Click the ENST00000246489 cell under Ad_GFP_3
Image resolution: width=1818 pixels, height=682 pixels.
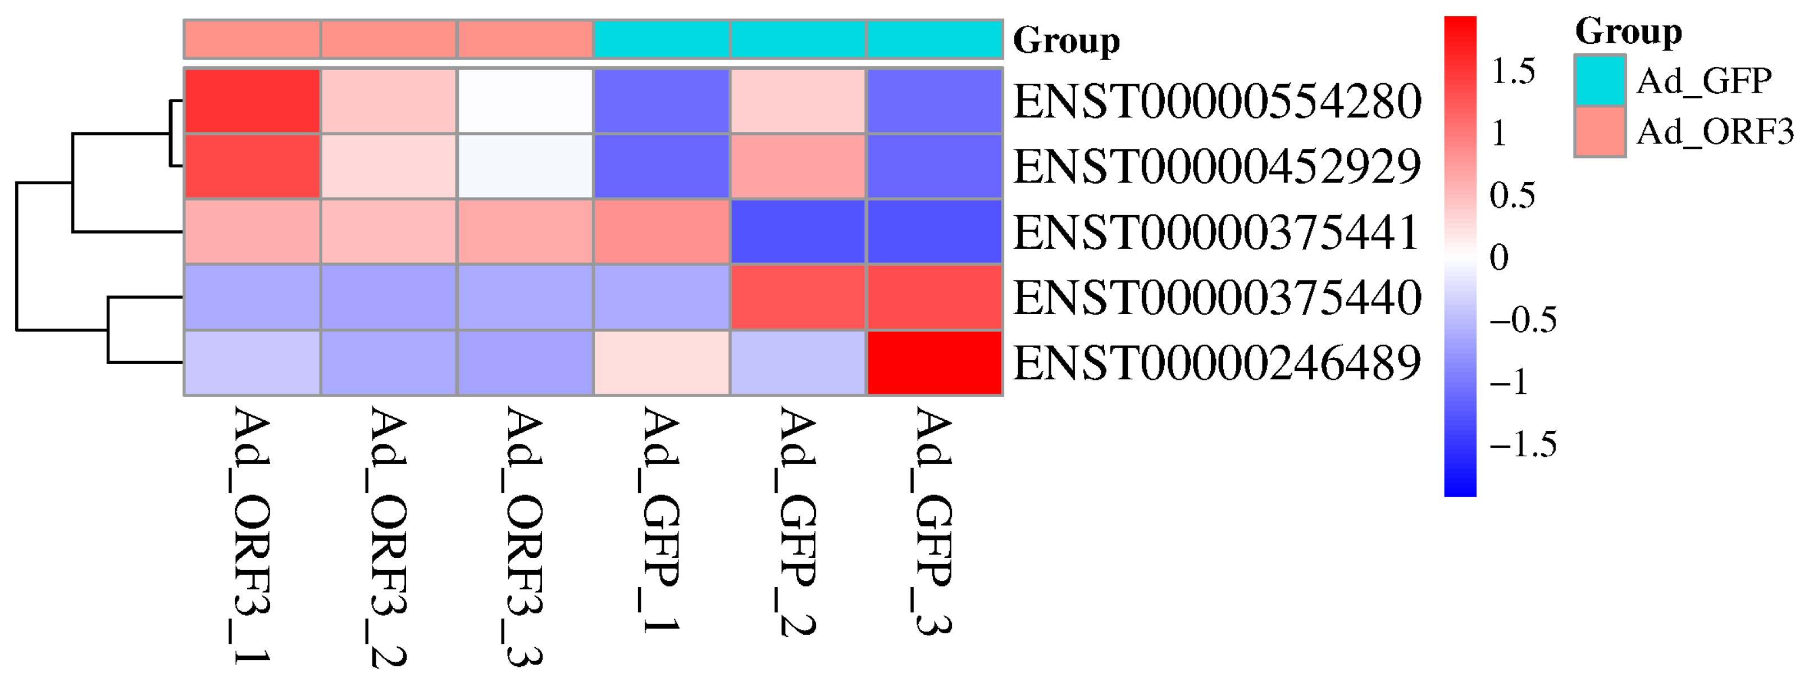935,363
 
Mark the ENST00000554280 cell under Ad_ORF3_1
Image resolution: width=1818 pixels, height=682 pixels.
252,101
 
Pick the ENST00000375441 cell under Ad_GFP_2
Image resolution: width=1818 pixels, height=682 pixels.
798,232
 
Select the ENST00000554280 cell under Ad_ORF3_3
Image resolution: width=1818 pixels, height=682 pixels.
525,101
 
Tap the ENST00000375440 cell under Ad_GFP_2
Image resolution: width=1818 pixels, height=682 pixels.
798,297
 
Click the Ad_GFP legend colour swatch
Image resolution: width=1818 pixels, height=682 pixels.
1600,80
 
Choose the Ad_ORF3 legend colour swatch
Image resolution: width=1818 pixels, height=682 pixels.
1600,131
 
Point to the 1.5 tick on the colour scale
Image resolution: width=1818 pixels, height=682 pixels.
1512,71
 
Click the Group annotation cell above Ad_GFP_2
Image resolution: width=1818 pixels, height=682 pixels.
798,39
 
